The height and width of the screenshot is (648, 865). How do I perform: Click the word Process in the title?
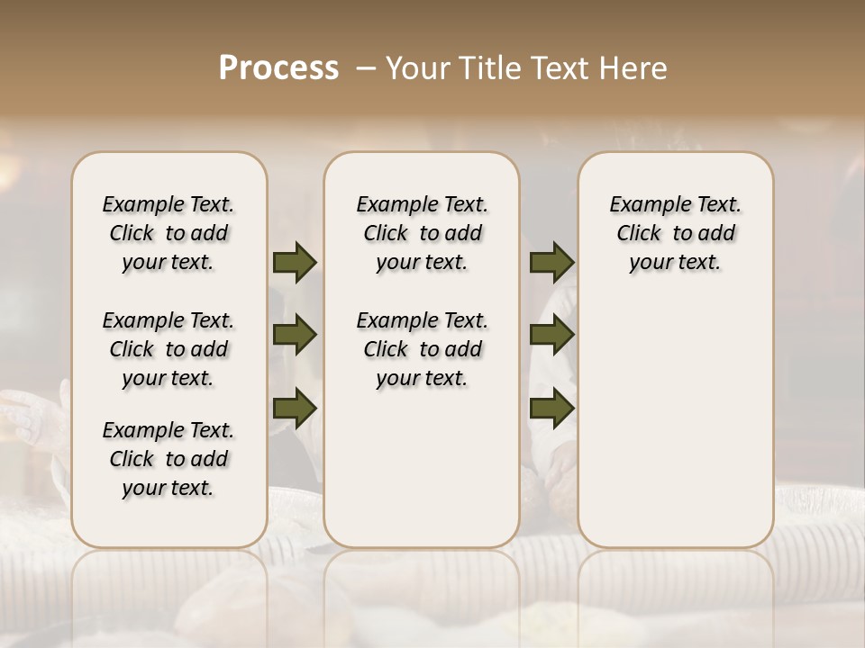(278, 67)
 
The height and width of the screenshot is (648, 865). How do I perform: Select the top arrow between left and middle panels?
(295, 262)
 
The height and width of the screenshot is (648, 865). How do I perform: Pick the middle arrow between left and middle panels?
(295, 335)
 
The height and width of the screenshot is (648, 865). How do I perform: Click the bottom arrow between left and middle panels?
(295, 409)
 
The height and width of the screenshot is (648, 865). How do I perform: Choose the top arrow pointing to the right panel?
(551, 262)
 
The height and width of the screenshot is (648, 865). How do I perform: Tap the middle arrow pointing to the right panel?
(551, 335)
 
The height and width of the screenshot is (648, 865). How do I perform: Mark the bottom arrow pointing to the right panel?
(551, 409)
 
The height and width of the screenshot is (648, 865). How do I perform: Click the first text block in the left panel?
(168, 233)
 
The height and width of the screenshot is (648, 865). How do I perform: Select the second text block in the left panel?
(168, 349)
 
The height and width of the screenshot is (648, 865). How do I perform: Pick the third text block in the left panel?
(168, 459)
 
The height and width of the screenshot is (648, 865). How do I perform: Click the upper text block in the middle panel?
(422, 233)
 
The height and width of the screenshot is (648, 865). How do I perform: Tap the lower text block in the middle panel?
(422, 349)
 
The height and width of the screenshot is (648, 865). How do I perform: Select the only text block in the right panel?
(675, 233)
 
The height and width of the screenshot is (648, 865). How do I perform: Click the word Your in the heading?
(418, 67)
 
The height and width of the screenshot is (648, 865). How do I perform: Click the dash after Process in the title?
(366, 67)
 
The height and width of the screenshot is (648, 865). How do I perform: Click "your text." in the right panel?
(675, 262)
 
